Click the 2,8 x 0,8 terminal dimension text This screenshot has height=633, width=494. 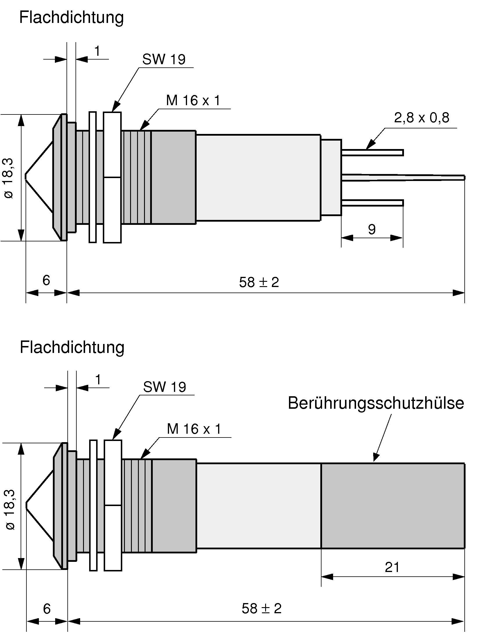coord(421,118)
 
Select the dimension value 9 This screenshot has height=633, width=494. coord(372,229)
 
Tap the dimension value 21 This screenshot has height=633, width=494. coord(392,567)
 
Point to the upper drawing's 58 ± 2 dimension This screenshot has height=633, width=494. coord(259,282)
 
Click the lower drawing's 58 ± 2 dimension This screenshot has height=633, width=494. coord(261,608)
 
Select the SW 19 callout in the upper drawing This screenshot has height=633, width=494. coord(164,59)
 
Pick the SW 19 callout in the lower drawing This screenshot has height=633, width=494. coord(164,387)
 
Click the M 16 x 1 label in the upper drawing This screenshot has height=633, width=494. coord(193,101)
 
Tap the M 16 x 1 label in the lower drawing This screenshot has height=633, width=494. coord(194,429)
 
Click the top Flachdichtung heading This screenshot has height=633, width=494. coord(71,17)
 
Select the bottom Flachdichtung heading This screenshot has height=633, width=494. coord(72,347)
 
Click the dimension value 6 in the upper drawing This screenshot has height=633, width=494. coord(46,280)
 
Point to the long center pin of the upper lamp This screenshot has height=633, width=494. coord(407,177)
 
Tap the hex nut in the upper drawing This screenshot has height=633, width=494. coord(112,177)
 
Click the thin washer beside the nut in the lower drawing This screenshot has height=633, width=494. coord(93,505)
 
